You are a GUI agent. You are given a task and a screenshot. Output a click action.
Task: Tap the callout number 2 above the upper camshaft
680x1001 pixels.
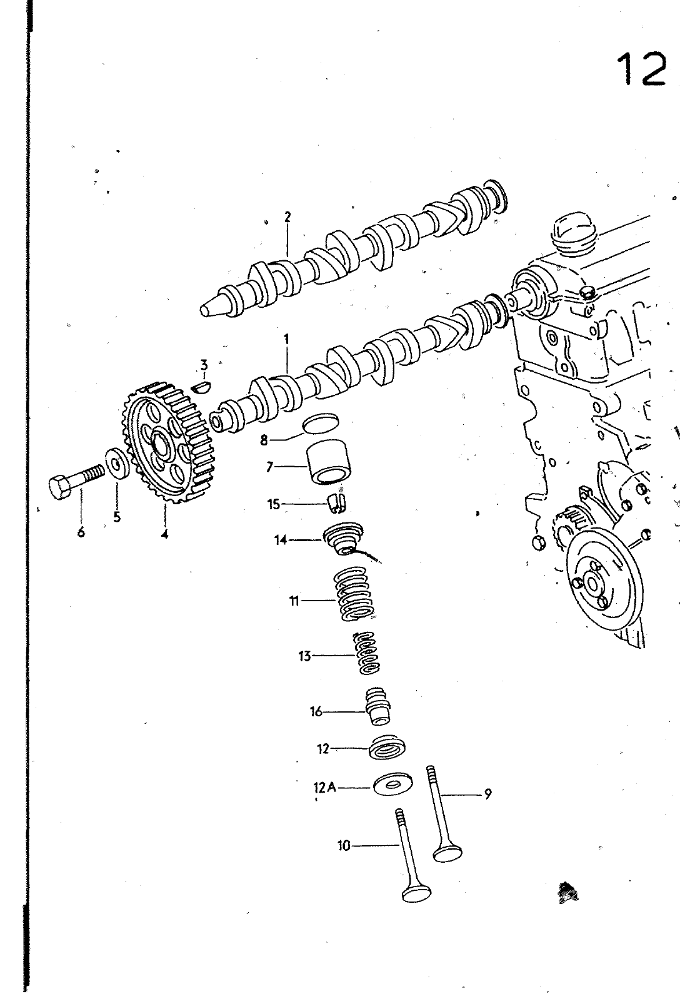pyautogui.click(x=287, y=217)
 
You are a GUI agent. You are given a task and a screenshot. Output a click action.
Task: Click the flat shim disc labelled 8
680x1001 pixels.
pyautogui.click(x=321, y=424)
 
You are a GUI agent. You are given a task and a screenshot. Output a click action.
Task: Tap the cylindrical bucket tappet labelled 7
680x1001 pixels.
pyautogui.click(x=328, y=462)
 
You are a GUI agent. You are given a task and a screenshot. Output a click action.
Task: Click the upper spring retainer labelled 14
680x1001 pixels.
pyautogui.click(x=343, y=538)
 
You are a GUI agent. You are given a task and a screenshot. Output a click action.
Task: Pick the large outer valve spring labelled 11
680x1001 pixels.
pyautogui.click(x=355, y=593)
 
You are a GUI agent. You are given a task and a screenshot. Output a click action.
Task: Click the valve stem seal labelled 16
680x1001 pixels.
pyautogui.click(x=377, y=706)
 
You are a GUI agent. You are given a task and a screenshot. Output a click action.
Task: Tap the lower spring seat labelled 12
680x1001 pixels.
pyautogui.click(x=387, y=747)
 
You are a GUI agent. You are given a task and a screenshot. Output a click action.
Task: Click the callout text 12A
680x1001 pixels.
pyautogui.click(x=324, y=787)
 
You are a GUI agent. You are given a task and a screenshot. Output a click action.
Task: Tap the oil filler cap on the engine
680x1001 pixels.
pyautogui.click(x=574, y=236)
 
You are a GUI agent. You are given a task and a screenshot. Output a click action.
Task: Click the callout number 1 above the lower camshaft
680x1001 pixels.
pyautogui.click(x=286, y=339)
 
